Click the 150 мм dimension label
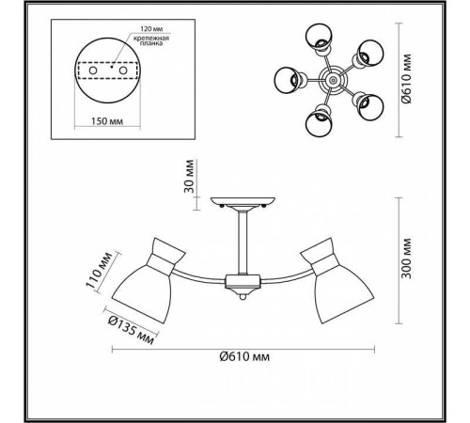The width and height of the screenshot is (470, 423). [107, 121]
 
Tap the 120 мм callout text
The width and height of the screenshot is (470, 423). [151, 29]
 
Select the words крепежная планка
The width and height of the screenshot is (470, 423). [151, 40]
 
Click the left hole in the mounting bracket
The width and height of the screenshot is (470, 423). [93, 70]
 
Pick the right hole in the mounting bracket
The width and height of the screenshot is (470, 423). [123, 70]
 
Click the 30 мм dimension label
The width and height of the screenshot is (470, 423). [189, 176]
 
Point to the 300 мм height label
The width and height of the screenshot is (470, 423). [406, 258]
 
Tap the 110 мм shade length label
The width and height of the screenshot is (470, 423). [99, 270]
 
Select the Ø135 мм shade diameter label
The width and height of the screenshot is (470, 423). [131, 330]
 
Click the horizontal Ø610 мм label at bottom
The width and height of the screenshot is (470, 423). [244, 356]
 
